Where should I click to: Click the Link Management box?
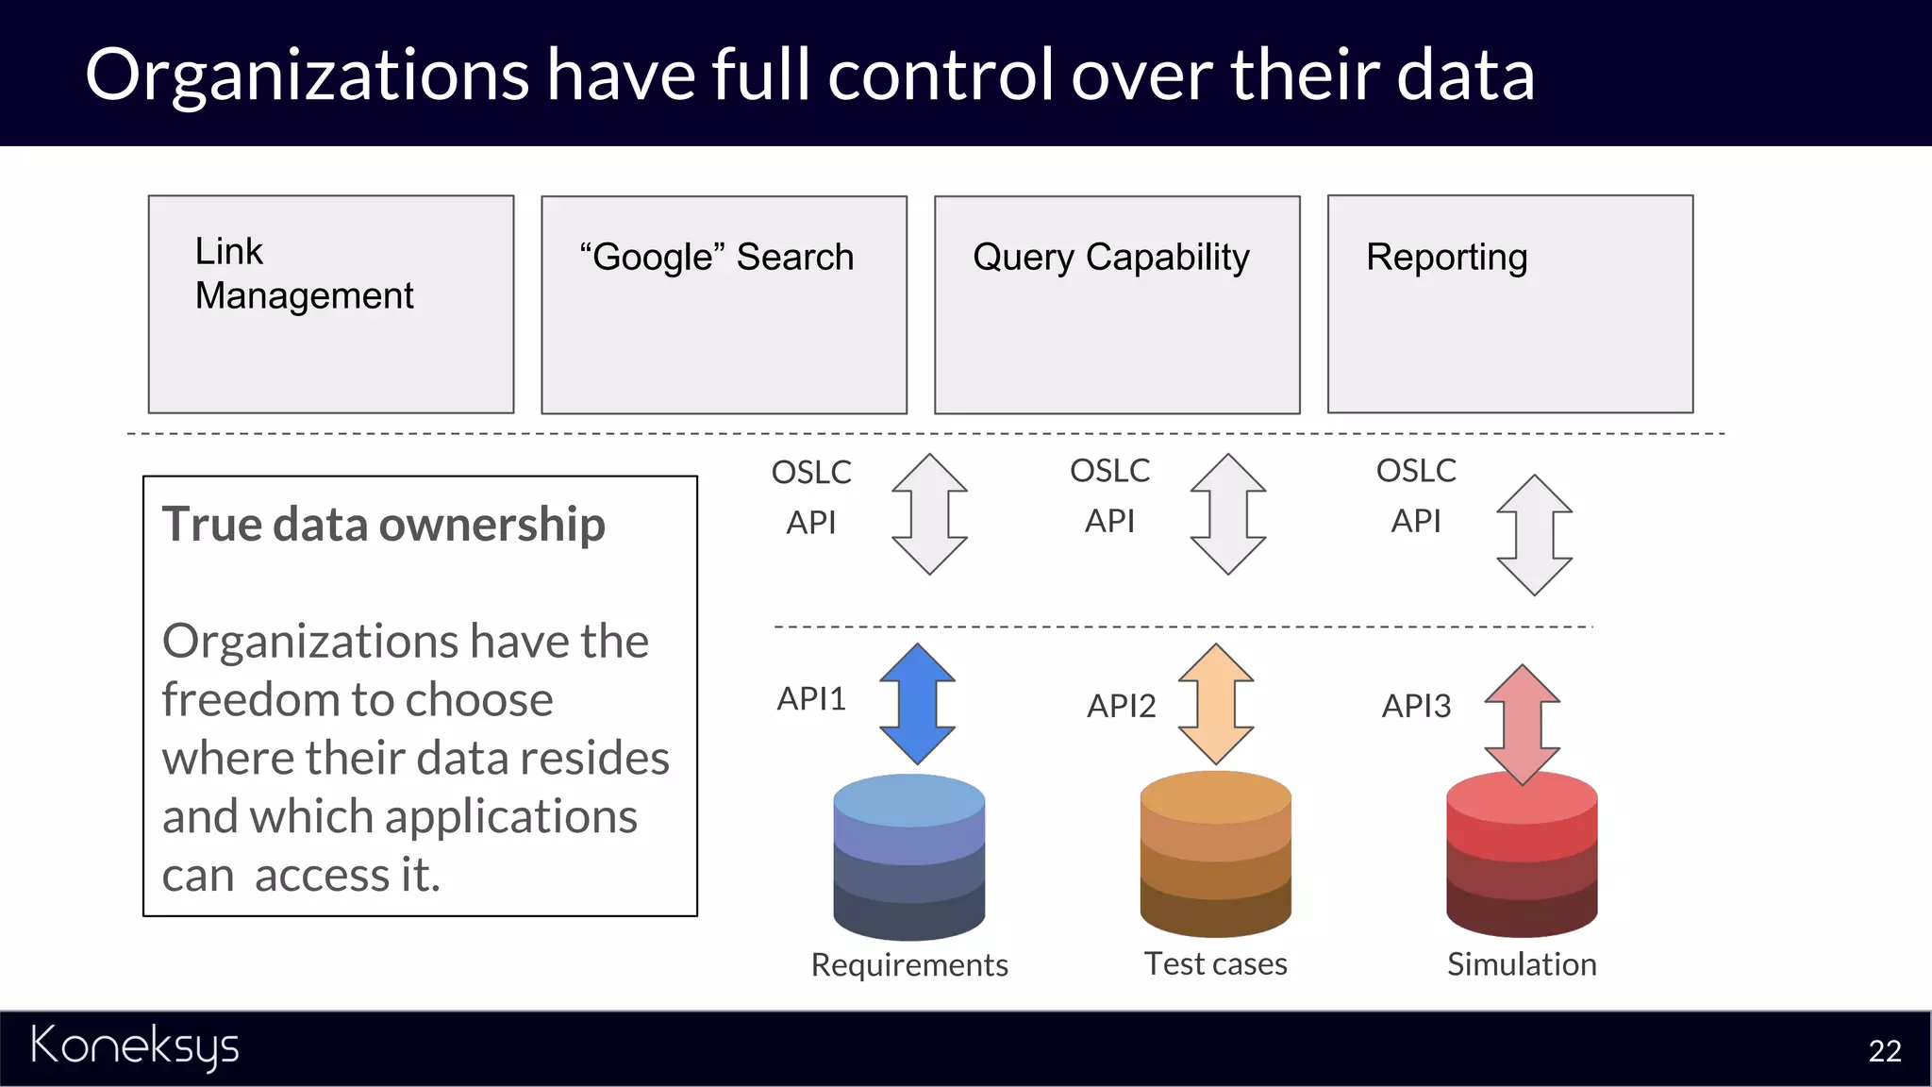tap(330, 304)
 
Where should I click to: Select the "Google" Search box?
tap(724, 304)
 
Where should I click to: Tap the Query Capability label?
tap(1110, 257)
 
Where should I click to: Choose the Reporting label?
tap(1446, 257)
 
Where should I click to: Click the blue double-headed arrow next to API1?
tap(917, 704)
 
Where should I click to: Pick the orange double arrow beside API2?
tap(1216, 704)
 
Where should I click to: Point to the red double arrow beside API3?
tap(1522, 725)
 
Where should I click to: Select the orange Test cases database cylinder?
tap(1215, 854)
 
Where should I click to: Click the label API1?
tap(811, 699)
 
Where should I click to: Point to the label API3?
tap(1416, 706)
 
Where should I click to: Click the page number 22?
tap(1884, 1051)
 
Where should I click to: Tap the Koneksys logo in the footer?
tap(135, 1046)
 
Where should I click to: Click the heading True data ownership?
tap(383, 525)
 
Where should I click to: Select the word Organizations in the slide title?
tap(307, 75)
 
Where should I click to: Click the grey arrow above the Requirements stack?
tap(929, 514)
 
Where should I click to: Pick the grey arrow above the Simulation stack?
tap(1534, 535)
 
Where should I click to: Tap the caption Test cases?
tap(1215, 963)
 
